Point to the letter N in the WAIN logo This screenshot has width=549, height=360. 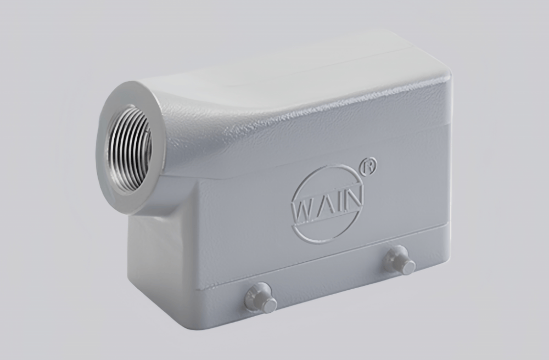tap(352, 201)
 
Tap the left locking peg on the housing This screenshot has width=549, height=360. tap(260, 298)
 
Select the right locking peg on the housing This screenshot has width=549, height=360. tap(399, 260)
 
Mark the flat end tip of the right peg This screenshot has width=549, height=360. tap(407, 267)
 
